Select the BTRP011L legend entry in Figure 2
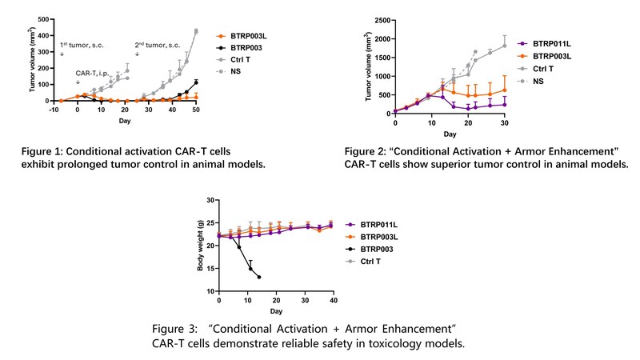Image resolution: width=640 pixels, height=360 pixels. tap(554, 43)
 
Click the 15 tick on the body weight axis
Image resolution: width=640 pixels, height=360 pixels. tap(210, 268)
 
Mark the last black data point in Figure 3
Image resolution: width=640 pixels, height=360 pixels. tap(259, 277)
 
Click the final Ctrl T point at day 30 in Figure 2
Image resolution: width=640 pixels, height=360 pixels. tap(504, 46)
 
